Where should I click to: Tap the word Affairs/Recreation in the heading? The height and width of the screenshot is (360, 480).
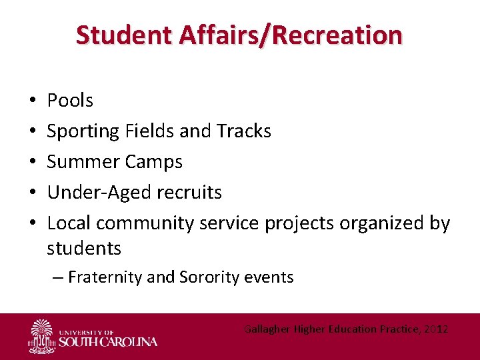[x=284, y=35]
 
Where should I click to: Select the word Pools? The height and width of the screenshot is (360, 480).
[x=70, y=101]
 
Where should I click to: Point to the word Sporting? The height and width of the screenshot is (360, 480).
[x=83, y=131]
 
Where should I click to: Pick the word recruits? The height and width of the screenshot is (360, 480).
[x=189, y=193]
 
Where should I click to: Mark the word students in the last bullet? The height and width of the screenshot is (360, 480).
[x=84, y=249]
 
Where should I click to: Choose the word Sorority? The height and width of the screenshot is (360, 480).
[x=208, y=277]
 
